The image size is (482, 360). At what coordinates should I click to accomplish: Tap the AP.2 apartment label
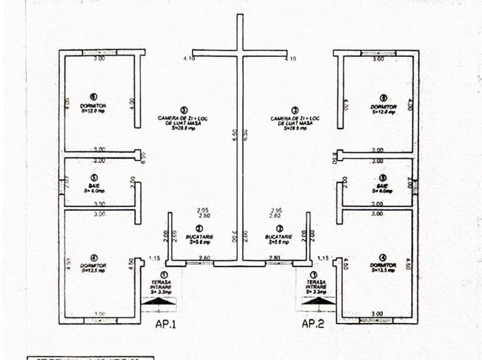click(x=313, y=324)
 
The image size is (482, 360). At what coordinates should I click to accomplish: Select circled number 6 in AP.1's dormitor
click(x=94, y=97)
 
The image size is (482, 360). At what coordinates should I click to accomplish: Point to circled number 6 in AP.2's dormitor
click(x=383, y=97)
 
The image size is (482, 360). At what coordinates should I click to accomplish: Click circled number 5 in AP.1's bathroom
click(x=94, y=177)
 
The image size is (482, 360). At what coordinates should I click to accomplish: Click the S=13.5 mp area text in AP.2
click(x=383, y=270)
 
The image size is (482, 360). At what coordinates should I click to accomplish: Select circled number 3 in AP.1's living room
click(x=184, y=110)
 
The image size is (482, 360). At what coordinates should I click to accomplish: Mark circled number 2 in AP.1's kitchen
click(x=199, y=228)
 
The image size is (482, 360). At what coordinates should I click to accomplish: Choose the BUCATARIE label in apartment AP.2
click(x=279, y=237)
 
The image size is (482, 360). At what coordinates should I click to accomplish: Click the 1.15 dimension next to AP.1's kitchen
click(x=153, y=258)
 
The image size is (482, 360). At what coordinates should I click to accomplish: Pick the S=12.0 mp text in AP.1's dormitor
click(x=95, y=111)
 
